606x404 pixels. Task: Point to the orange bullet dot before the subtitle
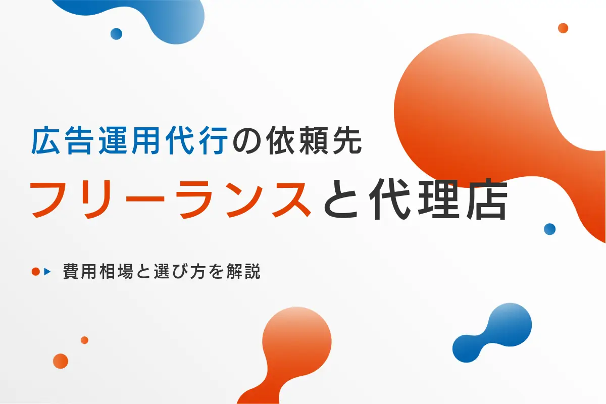coord(35,272)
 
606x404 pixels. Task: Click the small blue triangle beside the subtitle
coord(47,272)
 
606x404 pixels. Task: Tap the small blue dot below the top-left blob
coord(116,34)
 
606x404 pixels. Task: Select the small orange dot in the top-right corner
coord(563,28)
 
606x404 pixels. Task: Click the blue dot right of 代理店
coord(549,229)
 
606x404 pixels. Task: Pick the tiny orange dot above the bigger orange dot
coord(84,340)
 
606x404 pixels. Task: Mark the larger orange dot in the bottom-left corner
coord(60,361)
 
